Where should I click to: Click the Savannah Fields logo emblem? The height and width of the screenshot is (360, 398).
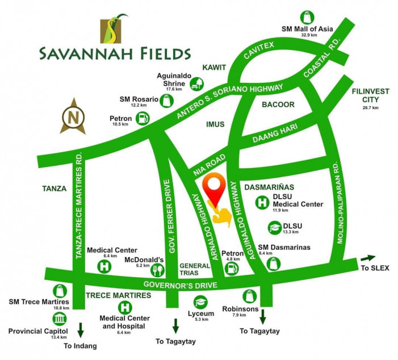pyautogui.click(x=113, y=31)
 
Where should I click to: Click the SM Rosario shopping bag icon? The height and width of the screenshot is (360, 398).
pyautogui.click(x=166, y=101)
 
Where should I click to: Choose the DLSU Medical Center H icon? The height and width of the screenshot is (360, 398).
pyautogui.click(x=262, y=202)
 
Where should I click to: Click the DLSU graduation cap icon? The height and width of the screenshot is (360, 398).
pyautogui.click(x=274, y=228)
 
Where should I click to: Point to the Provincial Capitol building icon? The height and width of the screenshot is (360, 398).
pyautogui.click(x=58, y=319)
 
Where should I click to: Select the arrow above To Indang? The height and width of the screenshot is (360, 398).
pyautogui.click(x=81, y=329)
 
